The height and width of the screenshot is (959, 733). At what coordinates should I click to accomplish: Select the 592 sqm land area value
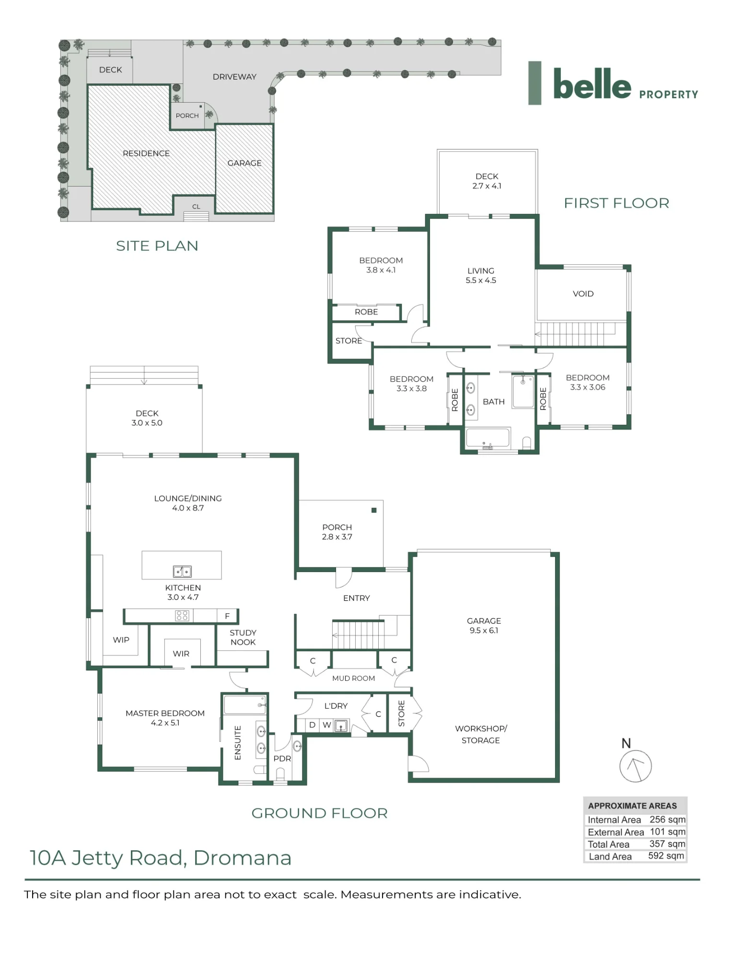[666, 856]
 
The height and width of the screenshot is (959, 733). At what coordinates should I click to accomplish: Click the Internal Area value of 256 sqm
[667, 819]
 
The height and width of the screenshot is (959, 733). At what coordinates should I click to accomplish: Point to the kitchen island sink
[182, 571]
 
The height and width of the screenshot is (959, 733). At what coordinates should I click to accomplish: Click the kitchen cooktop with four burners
[182, 616]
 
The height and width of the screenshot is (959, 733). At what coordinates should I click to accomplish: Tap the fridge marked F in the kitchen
[227, 616]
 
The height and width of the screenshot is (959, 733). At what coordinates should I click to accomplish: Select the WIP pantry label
[121, 640]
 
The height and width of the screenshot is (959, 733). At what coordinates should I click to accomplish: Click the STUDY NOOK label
[243, 637]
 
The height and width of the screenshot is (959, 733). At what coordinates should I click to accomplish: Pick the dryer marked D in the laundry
[312, 725]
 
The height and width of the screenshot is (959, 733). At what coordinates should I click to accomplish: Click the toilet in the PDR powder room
[280, 773]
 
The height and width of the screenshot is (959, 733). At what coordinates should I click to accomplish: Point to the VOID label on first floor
[583, 293]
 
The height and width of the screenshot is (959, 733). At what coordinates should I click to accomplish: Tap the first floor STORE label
[349, 340]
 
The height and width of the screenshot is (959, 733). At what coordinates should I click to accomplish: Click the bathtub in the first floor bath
[488, 438]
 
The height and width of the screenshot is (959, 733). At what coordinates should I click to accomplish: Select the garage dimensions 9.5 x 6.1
[484, 631]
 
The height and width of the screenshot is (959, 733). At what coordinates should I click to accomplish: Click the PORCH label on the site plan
[187, 116]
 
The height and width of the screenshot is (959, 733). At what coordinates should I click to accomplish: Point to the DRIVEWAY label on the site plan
[234, 77]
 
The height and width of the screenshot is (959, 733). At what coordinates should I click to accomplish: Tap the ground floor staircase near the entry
[358, 634]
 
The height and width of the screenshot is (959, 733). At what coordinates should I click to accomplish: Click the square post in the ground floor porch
[374, 510]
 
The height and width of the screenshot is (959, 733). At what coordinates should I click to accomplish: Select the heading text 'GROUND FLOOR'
[319, 813]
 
